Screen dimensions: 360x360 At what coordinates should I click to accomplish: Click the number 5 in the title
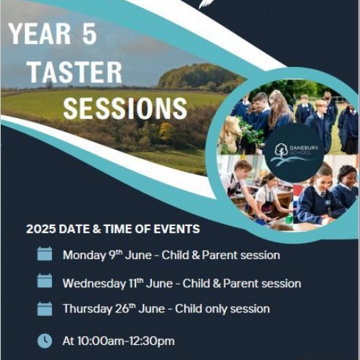coord(89,33)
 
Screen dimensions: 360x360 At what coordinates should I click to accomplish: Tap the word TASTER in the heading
coord(76,72)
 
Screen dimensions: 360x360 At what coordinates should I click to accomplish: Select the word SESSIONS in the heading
coord(125,108)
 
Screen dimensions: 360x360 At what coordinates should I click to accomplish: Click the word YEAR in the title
coord(40,33)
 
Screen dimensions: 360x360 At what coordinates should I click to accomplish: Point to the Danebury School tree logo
coord(281,150)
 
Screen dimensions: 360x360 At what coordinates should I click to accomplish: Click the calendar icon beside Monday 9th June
coord(45,253)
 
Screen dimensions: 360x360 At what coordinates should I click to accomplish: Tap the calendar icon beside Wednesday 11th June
coord(45,281)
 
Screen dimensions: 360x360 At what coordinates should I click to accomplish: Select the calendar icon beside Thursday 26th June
coord(45,309)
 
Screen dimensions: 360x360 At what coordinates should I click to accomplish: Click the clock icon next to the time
coord(45,341)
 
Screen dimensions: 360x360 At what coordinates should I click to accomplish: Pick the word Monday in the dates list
coord(84,256)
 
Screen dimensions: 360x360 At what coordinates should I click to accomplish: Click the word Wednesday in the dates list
coord(94,284)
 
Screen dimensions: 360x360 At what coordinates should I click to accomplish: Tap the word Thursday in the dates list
coord(87,309)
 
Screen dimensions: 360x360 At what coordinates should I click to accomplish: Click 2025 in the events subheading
coord(41,229)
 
